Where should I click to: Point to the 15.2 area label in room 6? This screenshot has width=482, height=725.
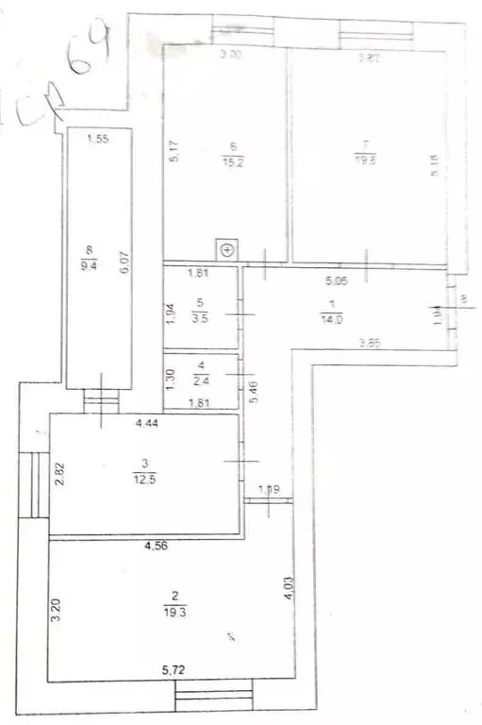[x=231, y=160]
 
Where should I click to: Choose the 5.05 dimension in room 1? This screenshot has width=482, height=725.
[x=337, y=280]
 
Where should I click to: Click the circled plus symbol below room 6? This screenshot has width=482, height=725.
[x=228, y=250]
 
